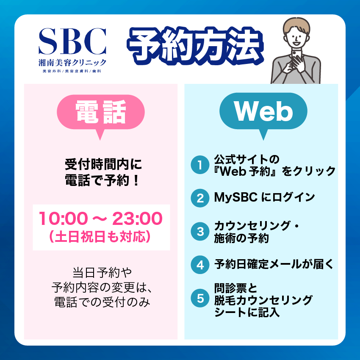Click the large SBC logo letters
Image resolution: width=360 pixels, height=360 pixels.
point(72,42)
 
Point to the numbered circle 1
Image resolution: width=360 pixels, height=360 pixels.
point(200,165)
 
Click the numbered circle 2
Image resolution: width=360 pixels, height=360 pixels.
point(200,198)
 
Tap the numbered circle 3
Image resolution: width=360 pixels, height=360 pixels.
point(200,231)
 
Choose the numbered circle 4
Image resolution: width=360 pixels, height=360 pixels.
point(200,264)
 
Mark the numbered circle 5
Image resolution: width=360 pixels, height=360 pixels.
point(200,298)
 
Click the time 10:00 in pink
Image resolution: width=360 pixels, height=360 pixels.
point(63,219)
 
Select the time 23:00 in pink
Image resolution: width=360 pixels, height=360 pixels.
point(137,219)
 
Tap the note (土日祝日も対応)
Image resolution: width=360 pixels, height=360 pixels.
point(100,237)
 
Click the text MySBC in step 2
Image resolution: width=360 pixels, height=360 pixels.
point(235,198)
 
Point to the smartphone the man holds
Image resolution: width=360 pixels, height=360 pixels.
point(296,55)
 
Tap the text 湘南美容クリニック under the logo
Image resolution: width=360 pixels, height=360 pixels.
point(72,62)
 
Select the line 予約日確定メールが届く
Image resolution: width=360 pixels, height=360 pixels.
point(274,264)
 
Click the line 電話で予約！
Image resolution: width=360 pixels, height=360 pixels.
point(102,180)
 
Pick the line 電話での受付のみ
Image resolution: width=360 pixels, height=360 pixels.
point(102,302)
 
